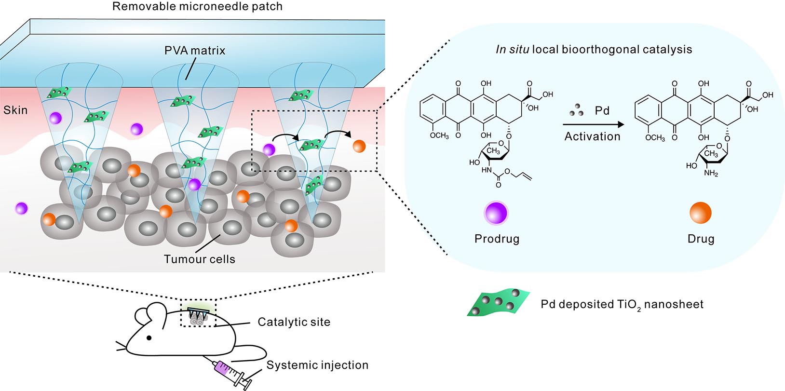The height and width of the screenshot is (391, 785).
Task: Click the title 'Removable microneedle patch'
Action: pyautogui.click(x=197, y=7)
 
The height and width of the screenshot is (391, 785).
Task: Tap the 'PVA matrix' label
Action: pyautogui.click(x=195, y=51)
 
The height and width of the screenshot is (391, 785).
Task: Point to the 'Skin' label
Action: pyautogui.click(x=15, y=110)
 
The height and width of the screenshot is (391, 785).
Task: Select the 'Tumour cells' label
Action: pyautogui.click(x=200, y=259)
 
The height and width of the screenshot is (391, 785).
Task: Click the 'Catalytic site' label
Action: pyautogui.click(x=294, y=322)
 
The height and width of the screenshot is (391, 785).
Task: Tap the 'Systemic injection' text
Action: pyautogui.click(x=317, y=365)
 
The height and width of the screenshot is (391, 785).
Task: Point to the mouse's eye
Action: pyautogui.click(x=149, y=338)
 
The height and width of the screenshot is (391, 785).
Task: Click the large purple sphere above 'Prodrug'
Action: pyautogui.click(x=496, y=213)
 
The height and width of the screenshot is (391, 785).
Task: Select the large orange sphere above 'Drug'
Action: pyautogui.click(x=701, y=213)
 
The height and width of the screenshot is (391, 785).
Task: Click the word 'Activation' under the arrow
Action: pyautogui.click(x=593, y=137)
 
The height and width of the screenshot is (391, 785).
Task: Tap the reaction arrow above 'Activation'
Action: pyautogui.click(x=593, y=124)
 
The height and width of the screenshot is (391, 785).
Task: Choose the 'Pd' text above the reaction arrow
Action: pyautogui.click(x=602, y=111)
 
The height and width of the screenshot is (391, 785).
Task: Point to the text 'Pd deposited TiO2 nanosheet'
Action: pyautogui.click(x=622, y=305)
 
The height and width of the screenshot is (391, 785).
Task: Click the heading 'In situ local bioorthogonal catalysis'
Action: pyautogui.click(x=594, y=50)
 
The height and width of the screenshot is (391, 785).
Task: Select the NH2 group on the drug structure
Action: pyautogui.click(x=711, y=173)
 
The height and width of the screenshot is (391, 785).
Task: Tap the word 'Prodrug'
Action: pyautogui.click(x=497, y=239)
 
